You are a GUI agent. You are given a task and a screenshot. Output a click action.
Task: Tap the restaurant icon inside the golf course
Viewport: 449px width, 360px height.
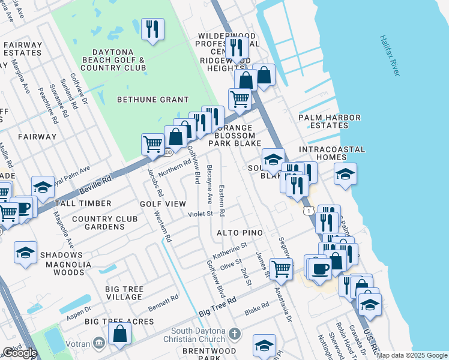pyautogui.click(x=152, y=29)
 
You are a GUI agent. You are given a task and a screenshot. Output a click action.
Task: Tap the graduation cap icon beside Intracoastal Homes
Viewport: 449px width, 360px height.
pyautogui.click(x=345, y=174)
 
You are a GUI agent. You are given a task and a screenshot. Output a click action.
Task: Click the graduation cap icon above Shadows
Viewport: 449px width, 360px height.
pyautogui.click(x=26, y=252)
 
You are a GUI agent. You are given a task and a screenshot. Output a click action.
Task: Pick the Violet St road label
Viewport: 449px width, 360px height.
pyautogui.click(x=200, y=214)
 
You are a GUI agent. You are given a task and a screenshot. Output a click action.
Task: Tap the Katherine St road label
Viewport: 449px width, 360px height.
pyautogui.click(x=234, y=247)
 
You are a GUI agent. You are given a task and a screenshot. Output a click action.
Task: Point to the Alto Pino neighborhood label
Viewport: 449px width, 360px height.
pyautogui.click(x=245, y=232)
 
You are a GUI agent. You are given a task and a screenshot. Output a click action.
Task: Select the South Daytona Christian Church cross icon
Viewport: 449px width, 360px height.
pyautogui.click(x=235, y=333)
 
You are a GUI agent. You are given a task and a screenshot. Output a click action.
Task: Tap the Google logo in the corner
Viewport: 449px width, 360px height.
pyautogui.click(x=20, y=353)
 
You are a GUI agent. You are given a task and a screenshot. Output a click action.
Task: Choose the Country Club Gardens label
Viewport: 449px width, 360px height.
pyautogui.click(x=105, y=223)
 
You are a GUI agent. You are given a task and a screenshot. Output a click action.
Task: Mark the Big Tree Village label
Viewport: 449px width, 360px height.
pyautogui.click(x=124, y=293)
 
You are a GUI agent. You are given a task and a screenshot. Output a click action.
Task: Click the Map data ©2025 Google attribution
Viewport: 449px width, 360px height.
pyautogui.click(x=412, y=356)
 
